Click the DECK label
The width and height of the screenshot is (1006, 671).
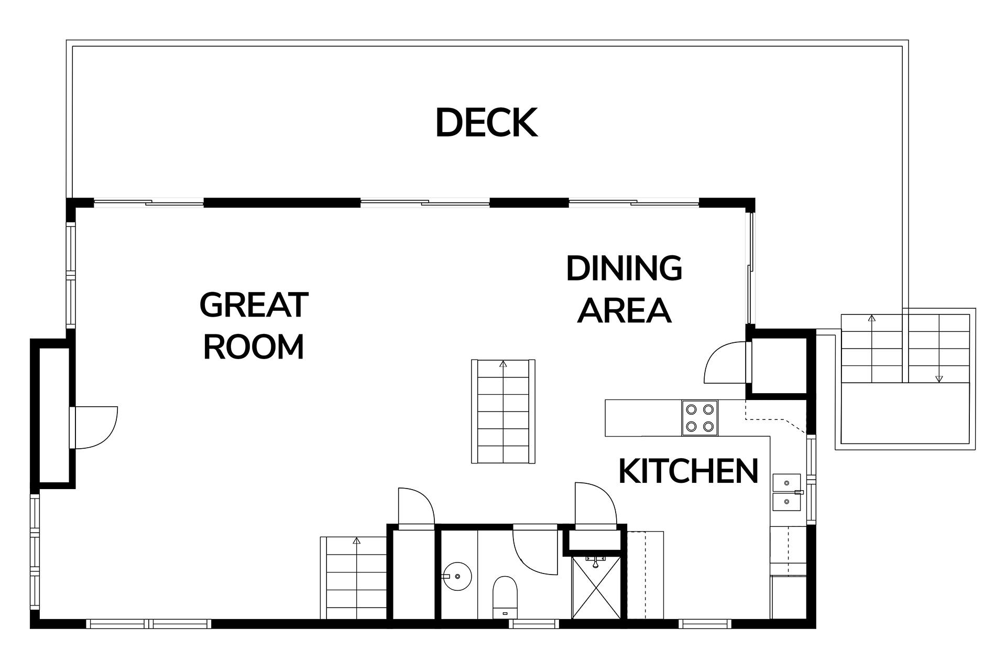click(x=486, y=123)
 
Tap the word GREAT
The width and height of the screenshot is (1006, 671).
click(x=254, y=305)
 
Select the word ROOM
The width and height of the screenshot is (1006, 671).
click(x=254, y=347)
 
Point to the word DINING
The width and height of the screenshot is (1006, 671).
click(x=624, y=268)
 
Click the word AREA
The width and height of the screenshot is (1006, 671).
click(x=624, y=310)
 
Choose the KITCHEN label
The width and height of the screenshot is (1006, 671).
click(x=688, y=471)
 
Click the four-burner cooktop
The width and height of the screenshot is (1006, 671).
click(x=699, y=418)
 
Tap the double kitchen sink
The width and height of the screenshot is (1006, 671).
click(x=787, y=492)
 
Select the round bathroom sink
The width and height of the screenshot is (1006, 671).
click(x=457, y=577)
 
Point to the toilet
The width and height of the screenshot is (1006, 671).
click(x=505, y=598)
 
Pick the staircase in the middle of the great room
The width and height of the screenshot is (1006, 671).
click(x=503, y=411)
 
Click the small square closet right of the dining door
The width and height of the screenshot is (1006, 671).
click(x=780, y=365)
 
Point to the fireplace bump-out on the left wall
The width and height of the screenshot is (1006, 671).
click(x=52, y=414)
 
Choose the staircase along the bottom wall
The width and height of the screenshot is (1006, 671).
click(x=354, y=578)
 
